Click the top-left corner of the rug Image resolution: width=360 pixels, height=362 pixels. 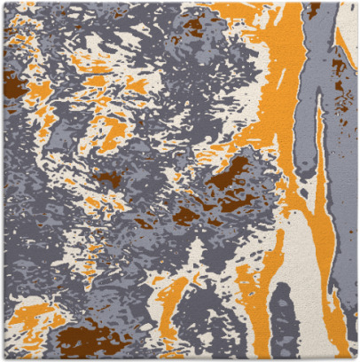[x=3, y=3]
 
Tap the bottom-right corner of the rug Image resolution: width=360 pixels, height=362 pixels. [x=356, y=358]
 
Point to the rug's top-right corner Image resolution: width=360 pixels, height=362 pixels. [x=356, y=3]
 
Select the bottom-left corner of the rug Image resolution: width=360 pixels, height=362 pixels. [x=3, y=358]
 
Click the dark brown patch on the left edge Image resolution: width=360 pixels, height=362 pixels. [x=12, y=84]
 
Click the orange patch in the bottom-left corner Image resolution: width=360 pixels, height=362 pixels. [x=27, y=315]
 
